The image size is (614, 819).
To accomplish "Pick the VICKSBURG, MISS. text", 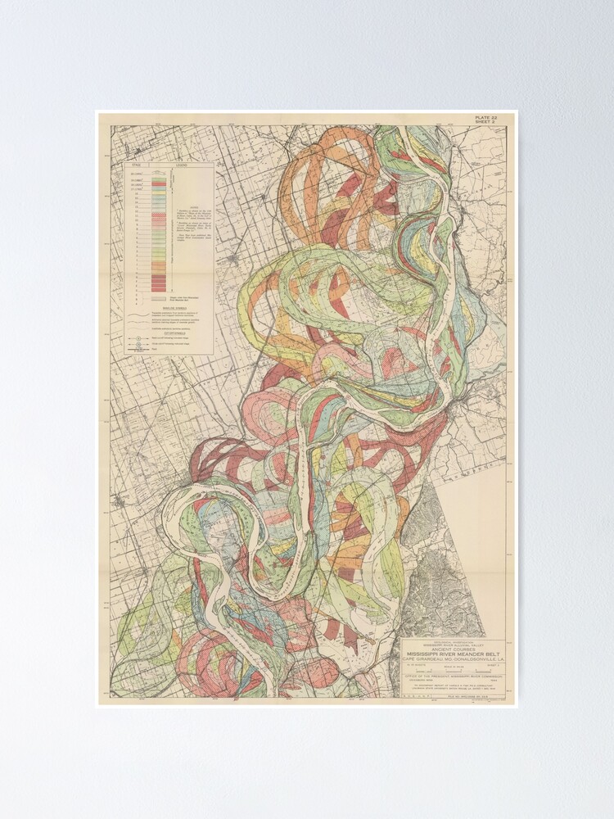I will click(x=422, y=680).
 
